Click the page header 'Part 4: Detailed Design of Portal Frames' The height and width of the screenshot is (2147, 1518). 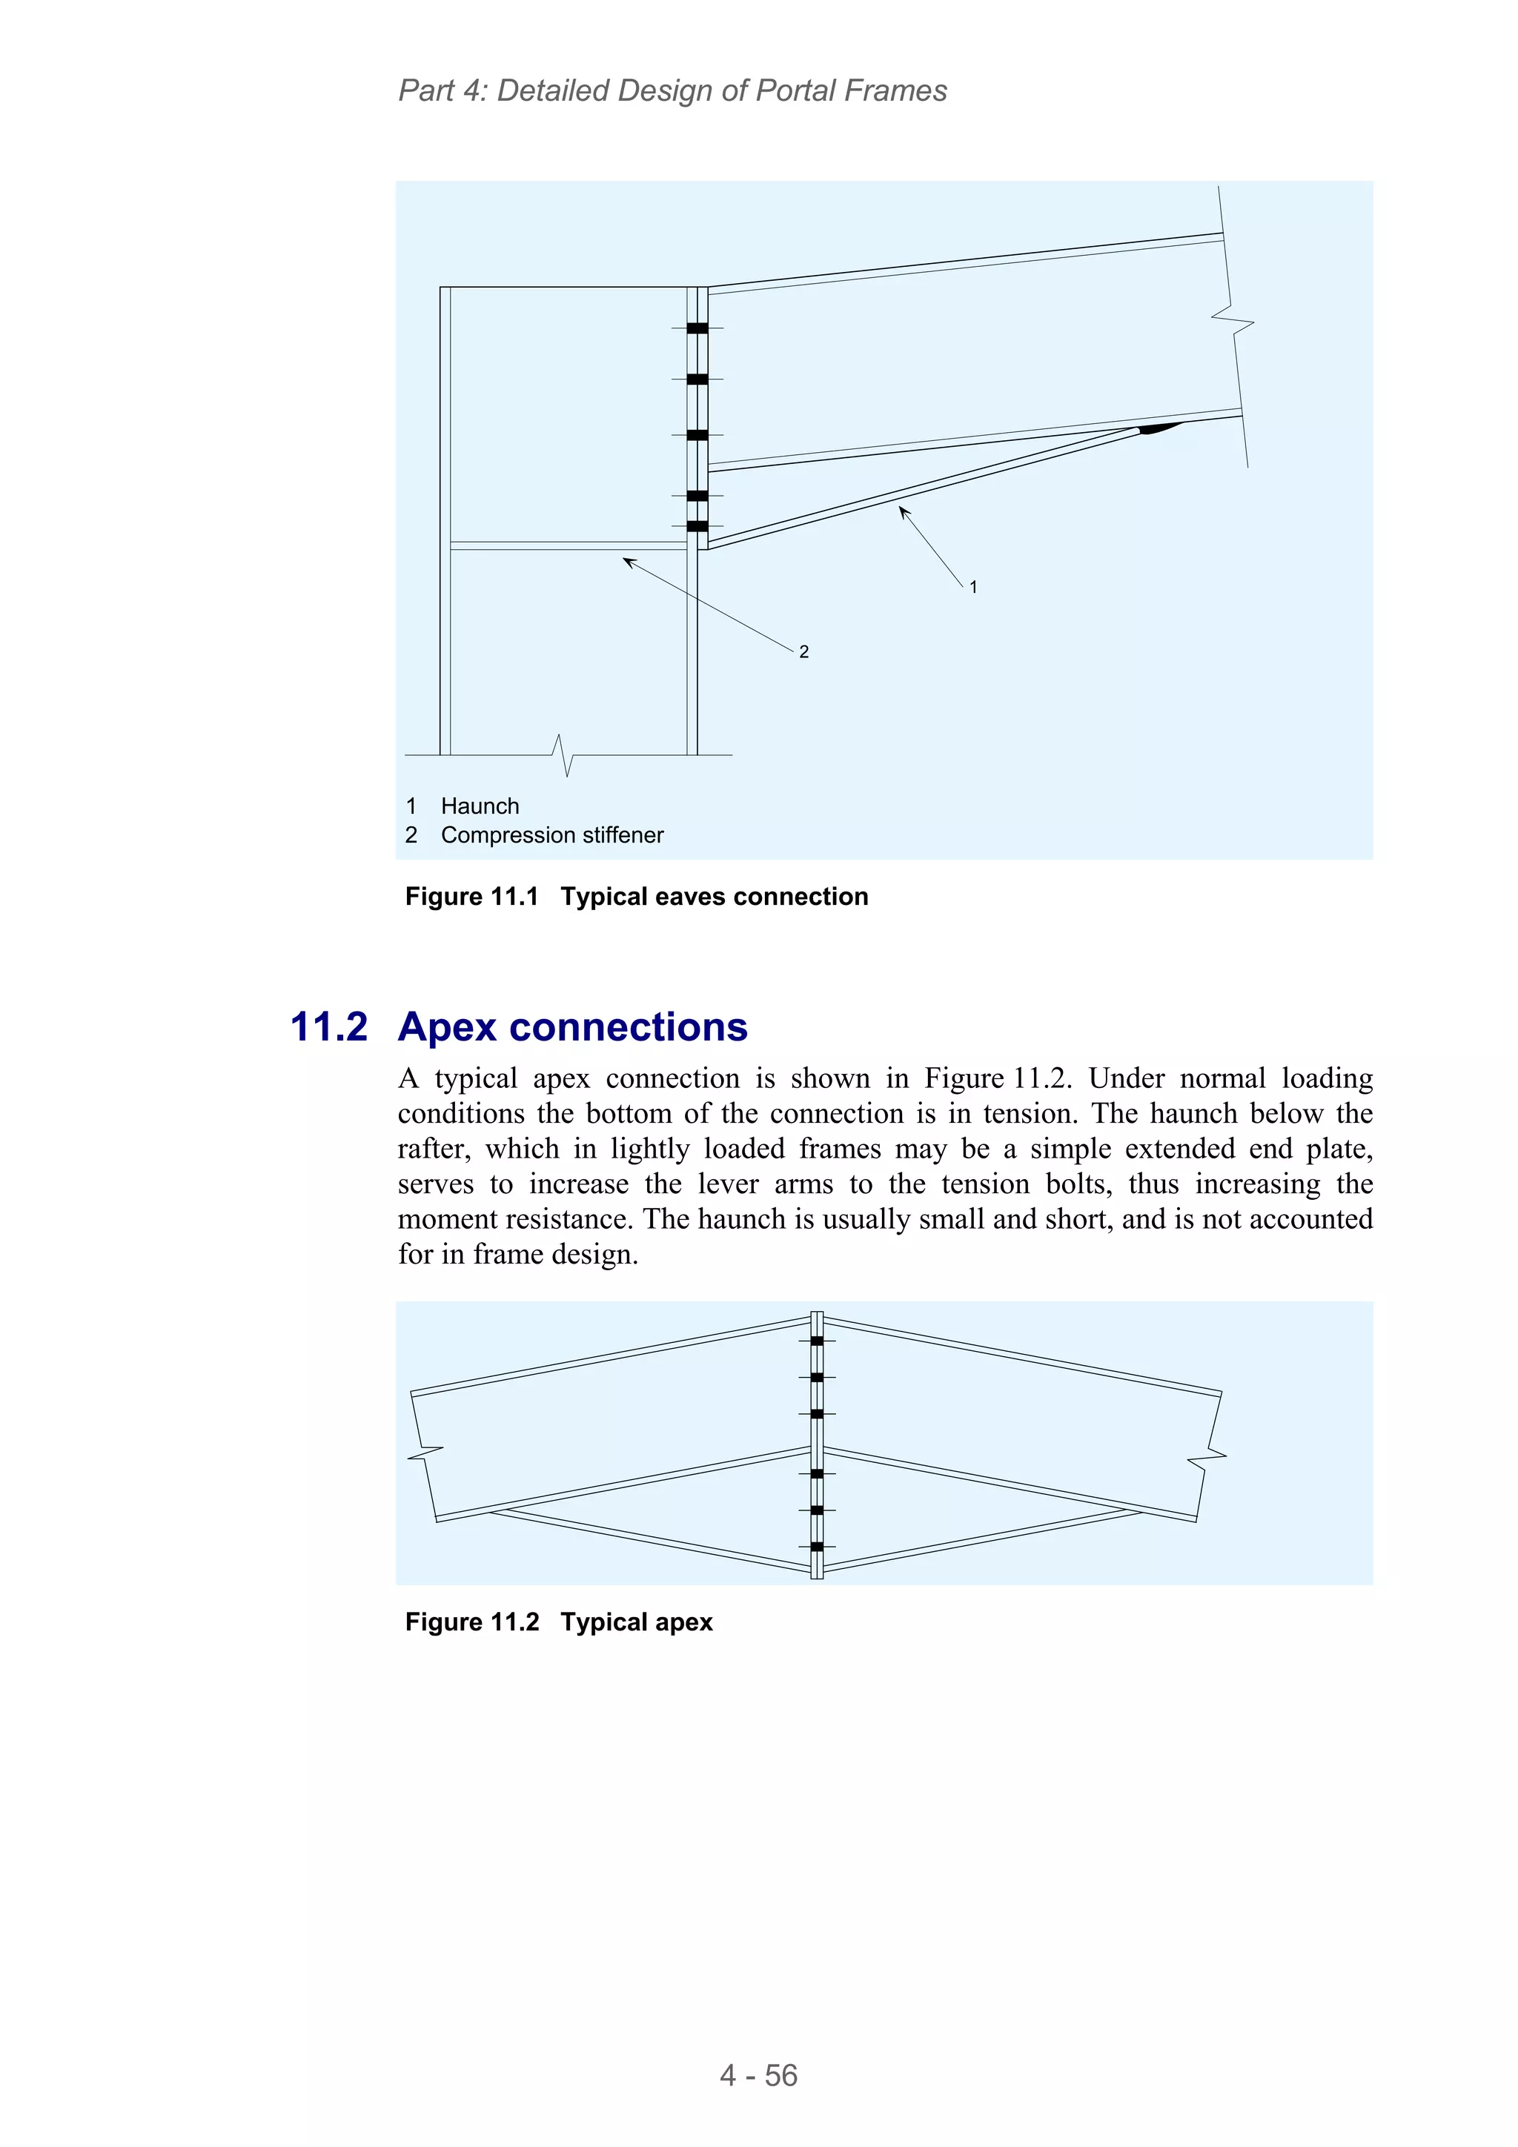[x=672, y=90]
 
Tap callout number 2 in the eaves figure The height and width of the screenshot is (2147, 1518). [x=803, y=651]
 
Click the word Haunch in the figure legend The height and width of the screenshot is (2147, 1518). [x=480, y=806]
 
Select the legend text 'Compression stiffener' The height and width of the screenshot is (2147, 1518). [x=551, y=835]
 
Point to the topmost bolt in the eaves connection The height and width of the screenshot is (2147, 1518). [x=697, y=328]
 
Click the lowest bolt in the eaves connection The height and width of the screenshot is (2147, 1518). [x=697, y=526]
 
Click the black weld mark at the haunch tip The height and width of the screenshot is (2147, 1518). [x=1160, y=428]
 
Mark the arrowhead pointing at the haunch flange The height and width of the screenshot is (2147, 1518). [x=904, y=511]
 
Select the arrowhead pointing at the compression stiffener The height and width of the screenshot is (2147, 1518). [x=629, y=561]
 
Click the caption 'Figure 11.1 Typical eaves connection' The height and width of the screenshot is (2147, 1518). [x=636, y=897]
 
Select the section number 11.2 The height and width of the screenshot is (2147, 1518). [x=328, y=1026]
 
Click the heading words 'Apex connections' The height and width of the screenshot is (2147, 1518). [x=572, y=1026]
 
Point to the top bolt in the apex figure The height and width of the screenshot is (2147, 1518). [x=817, y=1341]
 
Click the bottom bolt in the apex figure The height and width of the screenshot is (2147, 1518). [x=817, y=1547]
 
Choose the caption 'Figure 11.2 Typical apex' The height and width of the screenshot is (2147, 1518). [x=558, y=1622]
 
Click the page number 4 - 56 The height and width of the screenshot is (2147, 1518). [x=758, y=2075]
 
